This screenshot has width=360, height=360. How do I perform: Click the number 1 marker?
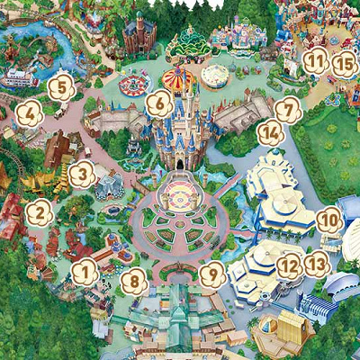point(83,268)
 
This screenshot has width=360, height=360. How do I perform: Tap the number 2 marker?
point(39,213)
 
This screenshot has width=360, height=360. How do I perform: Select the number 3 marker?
point(82,171)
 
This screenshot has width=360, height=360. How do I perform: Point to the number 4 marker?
point(28,113)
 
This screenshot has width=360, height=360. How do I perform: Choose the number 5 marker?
point(60,87)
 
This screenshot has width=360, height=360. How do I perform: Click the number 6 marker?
point(158,103)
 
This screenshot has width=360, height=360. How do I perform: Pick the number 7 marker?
point(286,110)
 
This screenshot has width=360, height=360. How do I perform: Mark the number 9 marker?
point(212,274)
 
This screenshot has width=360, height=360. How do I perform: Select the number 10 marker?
point(330,218)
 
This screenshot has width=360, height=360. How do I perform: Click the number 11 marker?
point(314,61)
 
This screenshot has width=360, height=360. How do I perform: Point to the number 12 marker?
point(289,265)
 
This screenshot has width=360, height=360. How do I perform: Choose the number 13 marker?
point(315,265)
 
